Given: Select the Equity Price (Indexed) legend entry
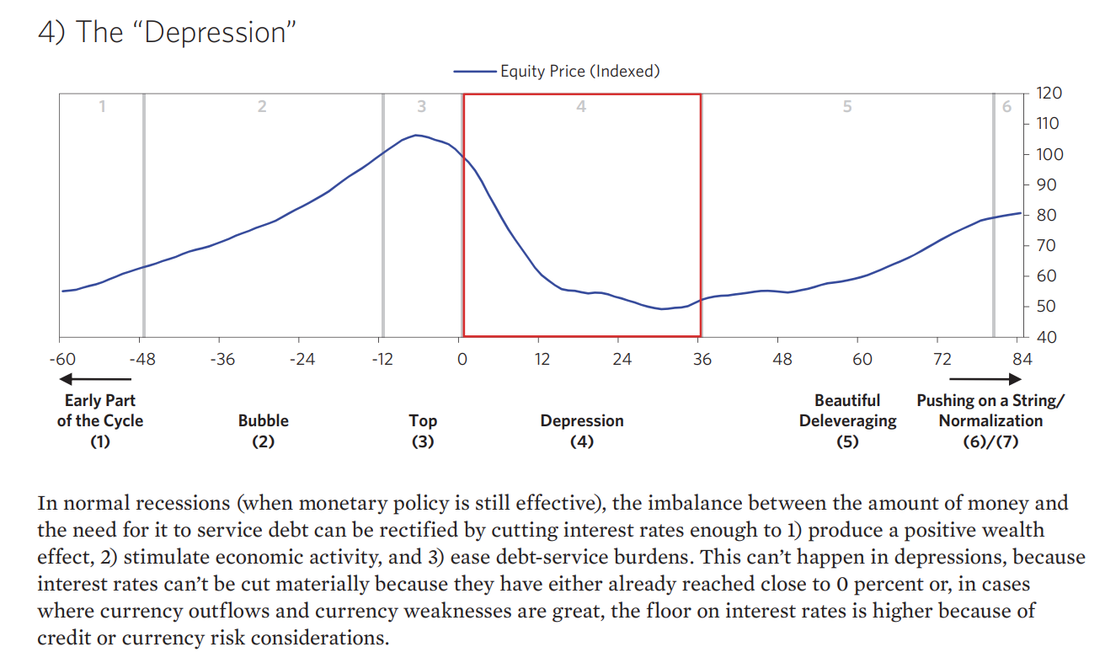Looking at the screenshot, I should [557, 72].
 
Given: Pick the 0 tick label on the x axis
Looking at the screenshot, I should [462, 360].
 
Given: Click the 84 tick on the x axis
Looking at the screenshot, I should [1022, 360].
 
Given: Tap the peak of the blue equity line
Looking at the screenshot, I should [416, 135].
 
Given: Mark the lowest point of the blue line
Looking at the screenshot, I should [662, 309].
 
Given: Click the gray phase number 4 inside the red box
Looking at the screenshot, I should [581, 107].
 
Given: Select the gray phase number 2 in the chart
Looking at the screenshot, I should [262, 107].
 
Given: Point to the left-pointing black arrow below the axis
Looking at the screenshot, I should [88, 381].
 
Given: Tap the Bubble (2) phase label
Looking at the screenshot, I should [263, 430].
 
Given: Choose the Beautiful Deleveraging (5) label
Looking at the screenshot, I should [847, 420].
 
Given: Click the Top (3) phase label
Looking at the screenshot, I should [422, 430].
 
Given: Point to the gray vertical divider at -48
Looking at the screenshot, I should [143, 215].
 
